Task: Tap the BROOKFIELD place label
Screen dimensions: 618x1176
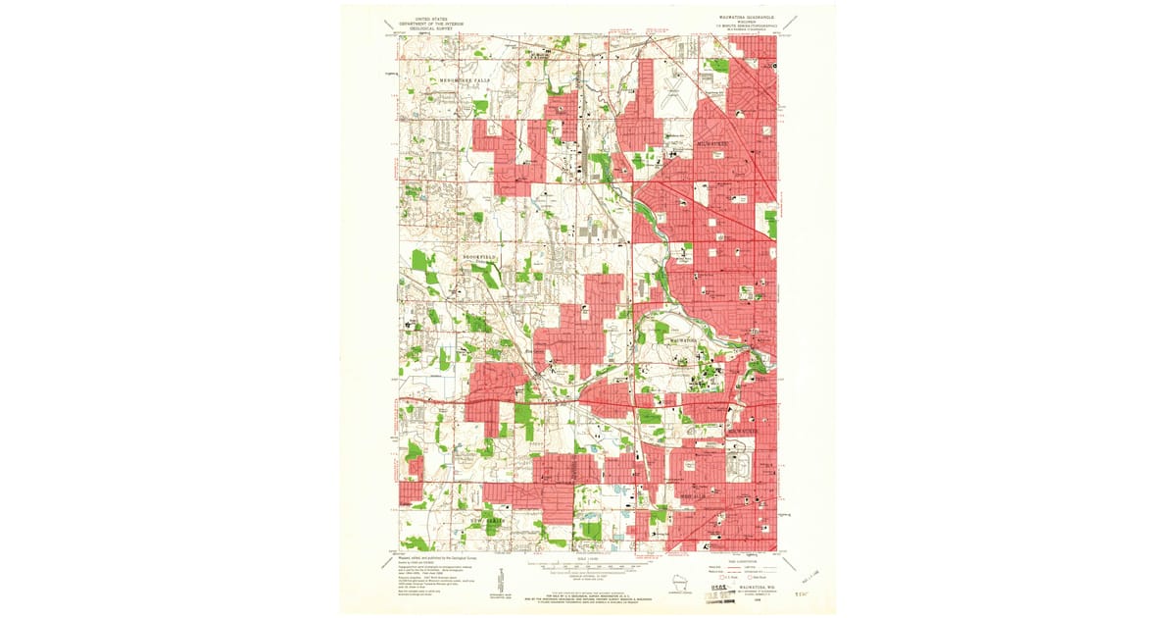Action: point(480,257)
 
